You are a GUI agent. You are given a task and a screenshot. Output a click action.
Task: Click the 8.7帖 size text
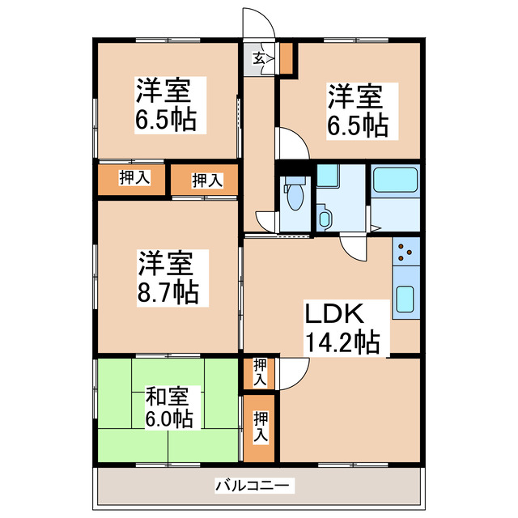(x=168, y=291)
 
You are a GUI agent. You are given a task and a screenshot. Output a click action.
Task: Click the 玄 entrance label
(x=258, y=58)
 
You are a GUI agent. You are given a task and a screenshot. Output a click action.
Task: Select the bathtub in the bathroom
(x=393, y=180)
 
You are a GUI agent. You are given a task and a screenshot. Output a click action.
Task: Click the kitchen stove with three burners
(x=404, y=252)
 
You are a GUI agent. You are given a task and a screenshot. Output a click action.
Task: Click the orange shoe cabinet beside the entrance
(x=286, y=57)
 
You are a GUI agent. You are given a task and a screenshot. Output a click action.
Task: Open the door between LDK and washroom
(x=355, y=246)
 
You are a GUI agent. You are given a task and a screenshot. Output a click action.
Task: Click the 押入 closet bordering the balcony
(x=260, y=427)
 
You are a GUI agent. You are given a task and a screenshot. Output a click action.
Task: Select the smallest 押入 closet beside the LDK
(x=259, y=373)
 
